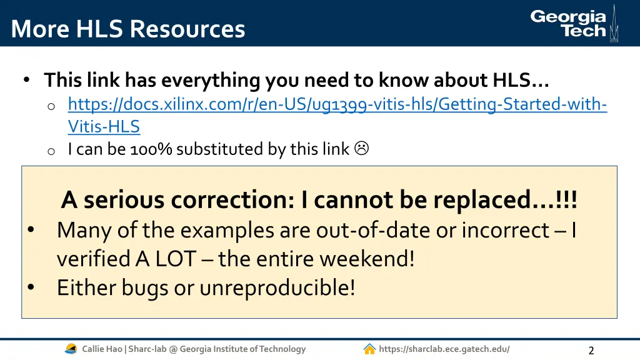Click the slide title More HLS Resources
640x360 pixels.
coord(128,29)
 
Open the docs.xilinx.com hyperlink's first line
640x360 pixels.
coord(337,104)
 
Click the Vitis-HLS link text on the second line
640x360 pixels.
coord(104,126)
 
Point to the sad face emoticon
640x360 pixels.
coord(361,148)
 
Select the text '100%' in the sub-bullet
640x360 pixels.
coord(151,149)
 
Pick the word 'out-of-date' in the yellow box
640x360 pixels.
coord(373,231)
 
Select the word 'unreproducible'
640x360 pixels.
coord(277,287)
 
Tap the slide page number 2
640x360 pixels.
coord(591,350)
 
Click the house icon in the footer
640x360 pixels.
coord(369,349)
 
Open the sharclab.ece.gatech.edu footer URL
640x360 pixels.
coord(444,349)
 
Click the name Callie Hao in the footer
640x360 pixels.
coord(102,349)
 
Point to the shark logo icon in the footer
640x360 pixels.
coord(71,349)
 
